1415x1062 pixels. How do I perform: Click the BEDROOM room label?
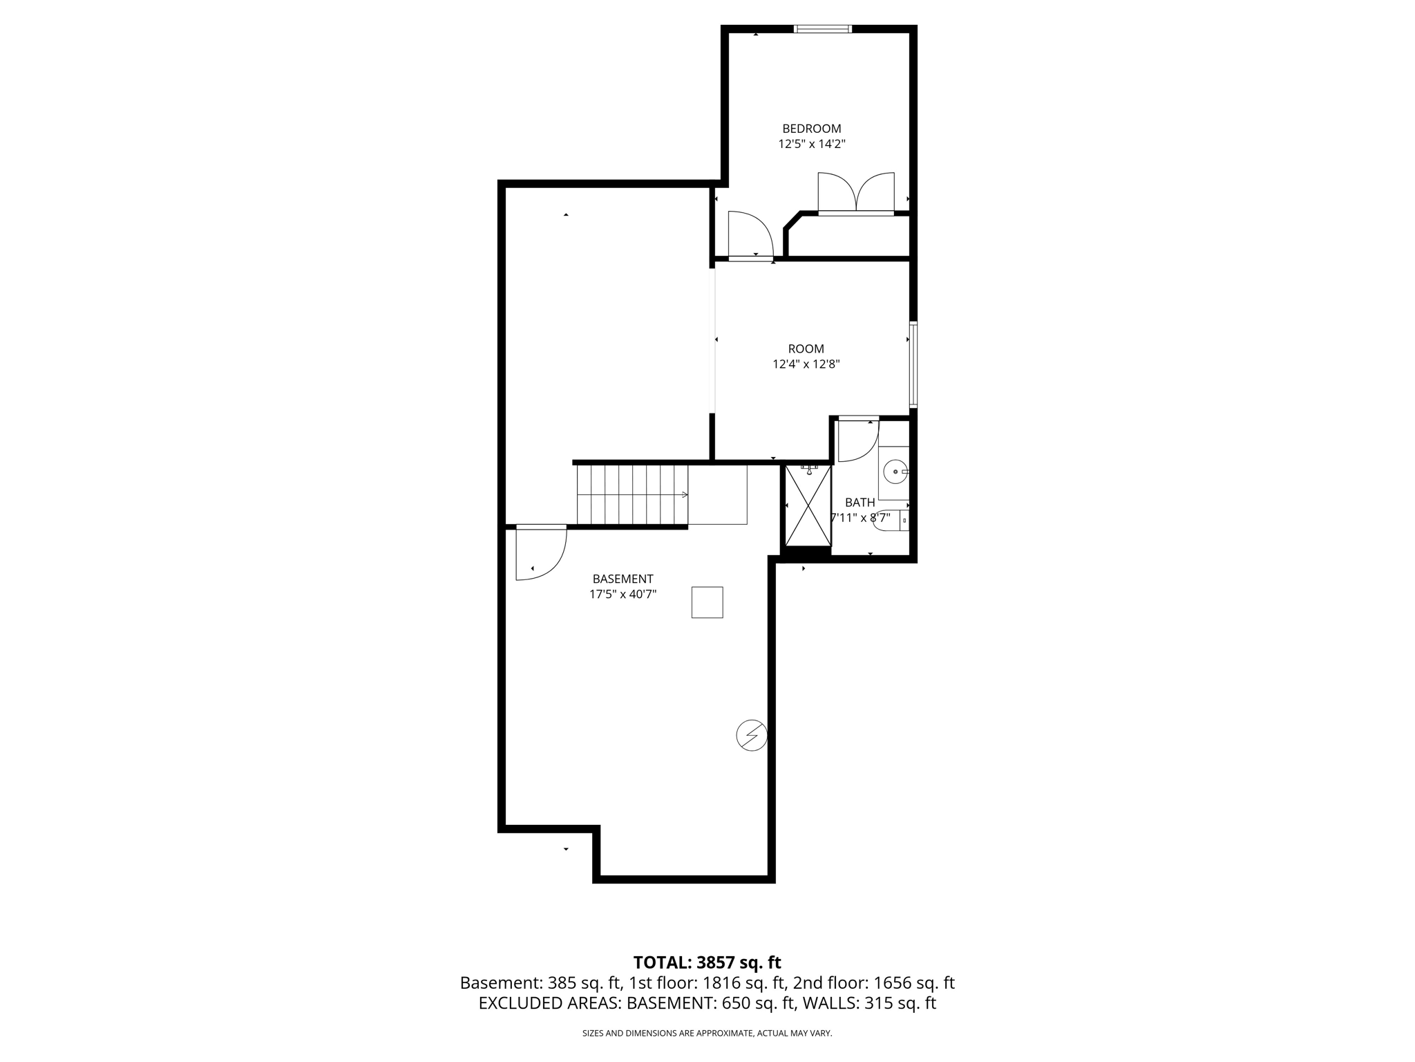click(811, 129)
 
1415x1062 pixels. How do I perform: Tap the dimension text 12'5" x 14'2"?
click(811, 145)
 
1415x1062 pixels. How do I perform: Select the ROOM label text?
click(806, 349)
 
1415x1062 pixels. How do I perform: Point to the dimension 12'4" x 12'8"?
click(806, 364)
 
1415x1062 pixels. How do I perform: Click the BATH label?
click(860, 503)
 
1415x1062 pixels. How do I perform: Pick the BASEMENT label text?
click(623, 579)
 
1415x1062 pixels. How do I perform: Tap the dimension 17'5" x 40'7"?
click(623, 594)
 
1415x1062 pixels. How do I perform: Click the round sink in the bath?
click(895, 472)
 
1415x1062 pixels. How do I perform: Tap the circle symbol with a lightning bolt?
click(752, 735)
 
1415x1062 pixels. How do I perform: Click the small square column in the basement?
click(707, 602)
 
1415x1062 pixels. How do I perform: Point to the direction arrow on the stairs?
click(684, 494)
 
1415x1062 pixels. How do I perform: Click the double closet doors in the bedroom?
click(856, 194)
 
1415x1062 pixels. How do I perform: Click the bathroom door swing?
click(857, 440)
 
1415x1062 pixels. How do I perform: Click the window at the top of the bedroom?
click(822, 29)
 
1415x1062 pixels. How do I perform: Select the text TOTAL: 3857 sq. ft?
click(707, 962)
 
